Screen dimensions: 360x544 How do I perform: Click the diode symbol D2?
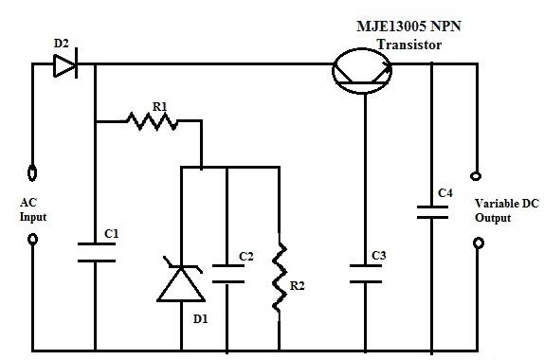click(65, 64)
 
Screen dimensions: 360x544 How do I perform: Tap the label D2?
click(62, 43)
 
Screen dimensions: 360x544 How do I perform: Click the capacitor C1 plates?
click(95, 251)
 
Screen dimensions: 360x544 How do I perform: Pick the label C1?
click(112, 233)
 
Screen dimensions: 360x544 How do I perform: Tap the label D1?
click(200, 319)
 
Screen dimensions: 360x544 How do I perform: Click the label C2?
click(246, 256)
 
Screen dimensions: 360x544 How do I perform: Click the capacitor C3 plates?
click(365, 273)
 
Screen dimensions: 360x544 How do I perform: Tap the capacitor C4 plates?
click(431, 210)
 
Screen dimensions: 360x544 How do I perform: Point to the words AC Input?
click(32, 209)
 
